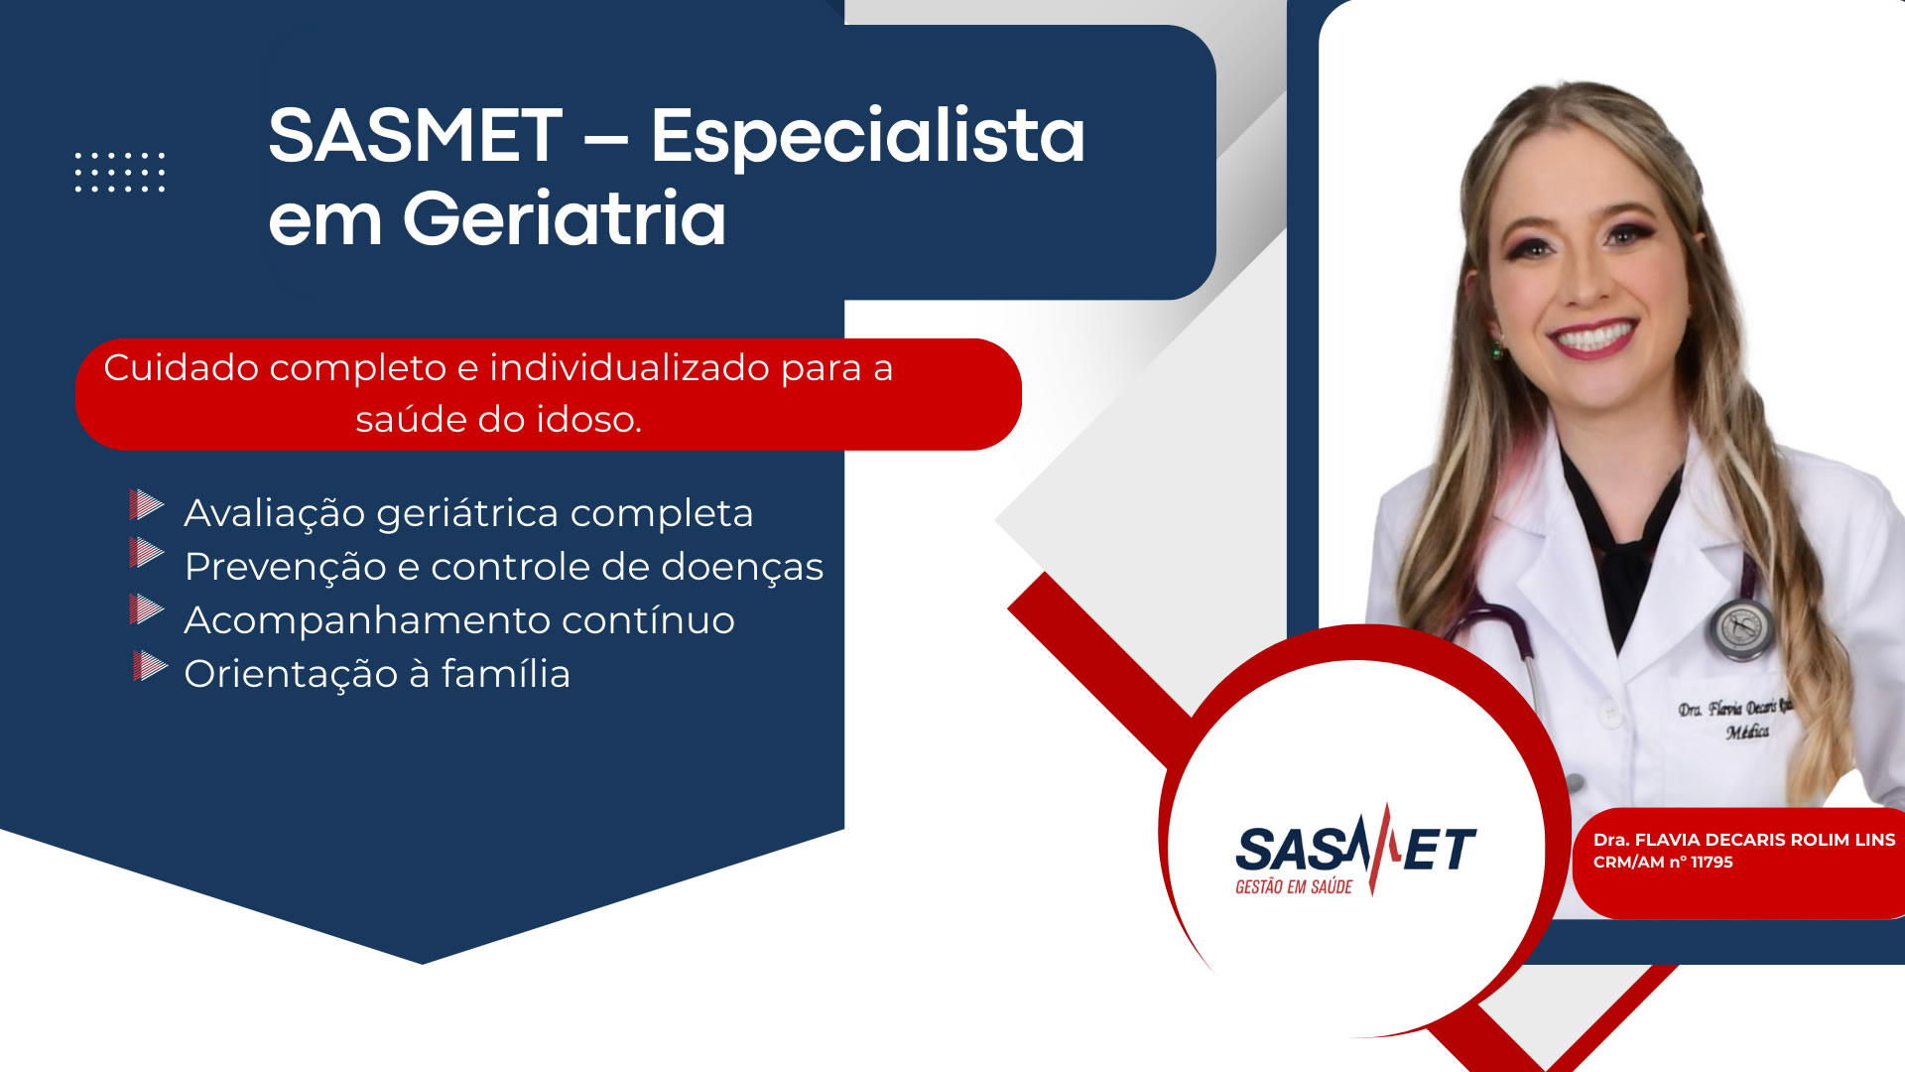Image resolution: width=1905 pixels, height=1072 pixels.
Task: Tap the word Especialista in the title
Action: pos(868,137)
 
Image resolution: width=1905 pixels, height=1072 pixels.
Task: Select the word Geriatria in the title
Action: pos(565,218)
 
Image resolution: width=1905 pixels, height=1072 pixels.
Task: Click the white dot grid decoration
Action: pos(120,172)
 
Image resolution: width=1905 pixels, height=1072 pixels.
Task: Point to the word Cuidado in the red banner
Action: pos(182,368)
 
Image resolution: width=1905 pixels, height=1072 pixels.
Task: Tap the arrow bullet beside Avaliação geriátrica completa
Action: pos(147,504)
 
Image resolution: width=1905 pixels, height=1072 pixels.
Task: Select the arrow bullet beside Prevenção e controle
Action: pos(147,552)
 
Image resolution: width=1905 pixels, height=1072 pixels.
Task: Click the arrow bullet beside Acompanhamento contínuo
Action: pos(147,608)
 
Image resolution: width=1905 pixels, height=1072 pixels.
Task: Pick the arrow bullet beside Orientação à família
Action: pos(150,665)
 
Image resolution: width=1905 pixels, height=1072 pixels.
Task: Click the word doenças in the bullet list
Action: pos(742,568)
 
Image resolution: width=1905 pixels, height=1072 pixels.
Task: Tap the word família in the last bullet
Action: pos(506,673)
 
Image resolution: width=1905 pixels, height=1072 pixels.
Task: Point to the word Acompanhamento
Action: pos(368,621)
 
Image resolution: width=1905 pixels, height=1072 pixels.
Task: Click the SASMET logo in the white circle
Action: pos(1355,851)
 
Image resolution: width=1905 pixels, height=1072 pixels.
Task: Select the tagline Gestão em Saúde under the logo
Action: pos(1294,886)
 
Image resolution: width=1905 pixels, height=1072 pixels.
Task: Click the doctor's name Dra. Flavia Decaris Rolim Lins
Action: pos(1744,840)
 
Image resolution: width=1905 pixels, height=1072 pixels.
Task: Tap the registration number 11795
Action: pos(1712,862)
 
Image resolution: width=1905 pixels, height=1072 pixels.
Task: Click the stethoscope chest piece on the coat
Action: pos(1741,628)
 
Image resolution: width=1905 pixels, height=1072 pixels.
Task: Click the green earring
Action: pos(1496,350)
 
